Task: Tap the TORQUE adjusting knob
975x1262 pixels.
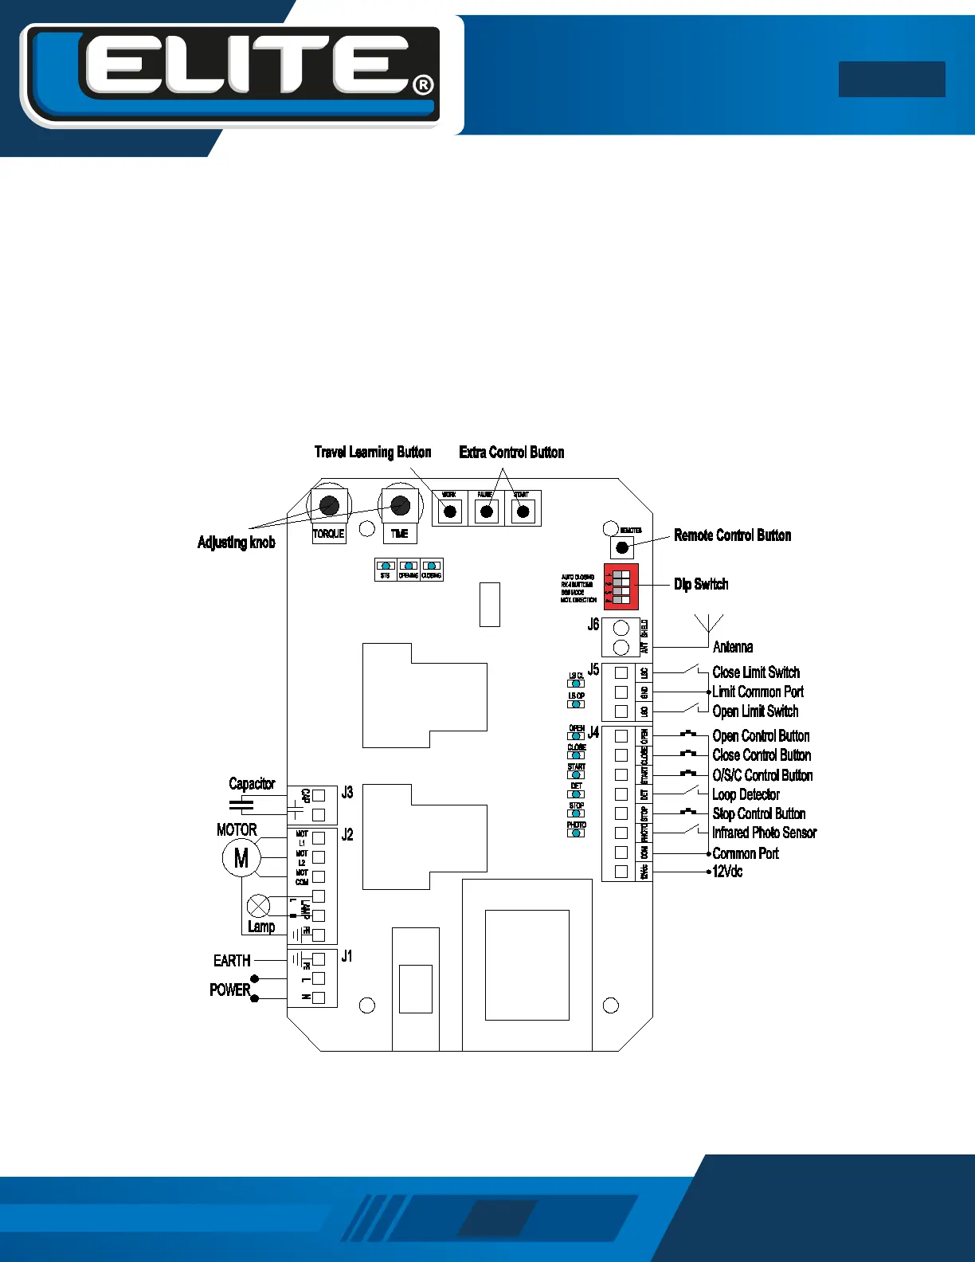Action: (328, 505)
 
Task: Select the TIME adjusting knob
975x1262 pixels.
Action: (400, 505)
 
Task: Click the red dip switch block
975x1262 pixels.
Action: (621, 586)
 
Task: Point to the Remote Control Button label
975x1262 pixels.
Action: (732, 535)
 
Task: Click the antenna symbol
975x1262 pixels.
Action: (709, 624)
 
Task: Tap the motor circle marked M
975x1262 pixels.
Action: (241, 858)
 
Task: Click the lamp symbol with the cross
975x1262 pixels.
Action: (259, 906)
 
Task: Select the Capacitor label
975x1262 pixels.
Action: (252, 784)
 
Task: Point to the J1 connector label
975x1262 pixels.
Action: (347, 956)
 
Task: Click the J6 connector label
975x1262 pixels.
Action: (593, 625)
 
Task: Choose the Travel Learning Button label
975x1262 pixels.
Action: (373, 453)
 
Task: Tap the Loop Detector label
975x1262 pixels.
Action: (746, 794)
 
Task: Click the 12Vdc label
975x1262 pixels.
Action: (727, 872)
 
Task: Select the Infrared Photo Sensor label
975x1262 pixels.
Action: (764, 833)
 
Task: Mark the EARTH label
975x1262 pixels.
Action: (232, 961)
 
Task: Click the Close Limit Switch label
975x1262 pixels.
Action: (756, 672)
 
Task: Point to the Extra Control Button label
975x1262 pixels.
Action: (511, 453)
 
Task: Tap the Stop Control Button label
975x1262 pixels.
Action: (758, 813)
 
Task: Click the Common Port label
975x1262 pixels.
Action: (746, 853)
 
